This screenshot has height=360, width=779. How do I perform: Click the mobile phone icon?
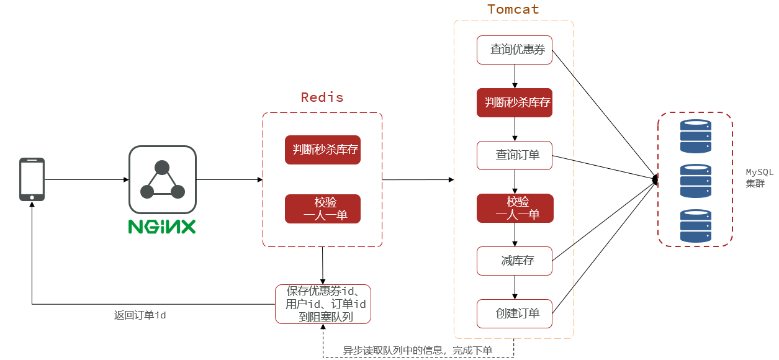tap(32, 179)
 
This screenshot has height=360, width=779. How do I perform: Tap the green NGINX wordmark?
tap(162, 227)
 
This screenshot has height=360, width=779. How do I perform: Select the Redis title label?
tap(322, 97)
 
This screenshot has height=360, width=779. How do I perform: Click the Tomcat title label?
tap(513, 9)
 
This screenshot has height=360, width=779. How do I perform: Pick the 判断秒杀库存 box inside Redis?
tap(323, 150)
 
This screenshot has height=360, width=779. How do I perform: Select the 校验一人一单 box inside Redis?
tap(323, 209)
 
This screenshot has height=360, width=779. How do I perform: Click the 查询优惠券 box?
tap(515, 50)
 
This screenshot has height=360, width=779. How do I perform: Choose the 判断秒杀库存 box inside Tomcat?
tap(515, 102)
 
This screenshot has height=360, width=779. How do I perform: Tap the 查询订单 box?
tap(515, 155)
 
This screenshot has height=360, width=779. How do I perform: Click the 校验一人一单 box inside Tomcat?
tap(515, 208)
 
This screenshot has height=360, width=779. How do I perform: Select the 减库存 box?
tap(515, 261)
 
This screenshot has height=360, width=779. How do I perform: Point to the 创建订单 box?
tap(515, 313)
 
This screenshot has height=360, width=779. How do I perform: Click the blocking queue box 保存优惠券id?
tap(323, 304)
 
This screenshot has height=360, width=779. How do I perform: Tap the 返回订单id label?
tap(140, 315)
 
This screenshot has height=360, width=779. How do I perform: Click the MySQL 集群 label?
tap(759, 178)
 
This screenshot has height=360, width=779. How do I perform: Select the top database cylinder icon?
tap(696, 136)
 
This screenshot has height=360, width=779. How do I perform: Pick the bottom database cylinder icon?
tap(696, 226)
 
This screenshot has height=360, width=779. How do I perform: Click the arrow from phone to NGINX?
tap(87, 179)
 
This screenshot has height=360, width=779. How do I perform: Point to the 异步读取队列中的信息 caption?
tap(417, 350)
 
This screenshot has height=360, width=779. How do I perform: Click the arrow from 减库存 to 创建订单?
tap(515, 287)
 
